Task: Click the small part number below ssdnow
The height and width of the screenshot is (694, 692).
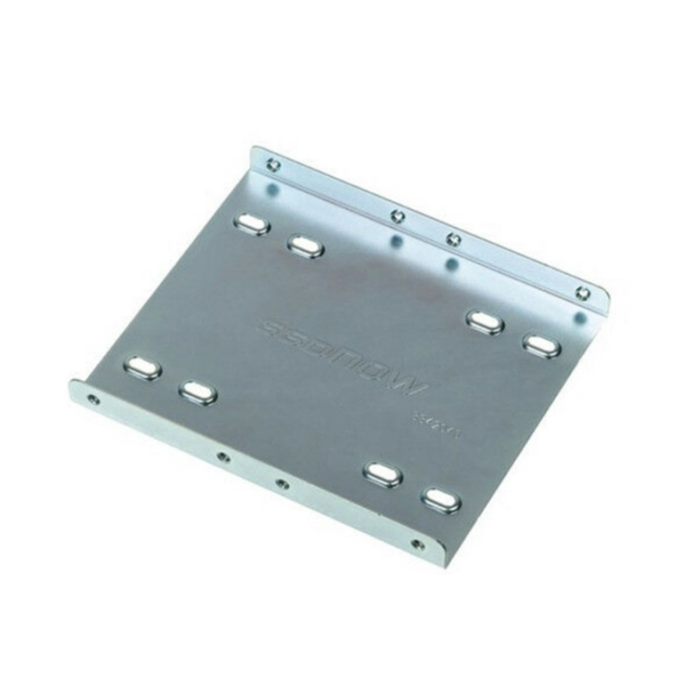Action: (433, 419)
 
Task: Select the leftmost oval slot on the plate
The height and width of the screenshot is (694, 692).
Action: (143, 367)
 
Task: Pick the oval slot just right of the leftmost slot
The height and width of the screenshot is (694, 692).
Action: (197, 391)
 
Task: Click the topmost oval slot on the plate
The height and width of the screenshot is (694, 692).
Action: (250, 224)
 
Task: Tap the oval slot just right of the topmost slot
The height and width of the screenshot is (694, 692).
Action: (305, 246)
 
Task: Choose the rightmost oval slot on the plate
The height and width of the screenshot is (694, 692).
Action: (541, 345)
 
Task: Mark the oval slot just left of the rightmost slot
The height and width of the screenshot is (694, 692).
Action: (485, 322)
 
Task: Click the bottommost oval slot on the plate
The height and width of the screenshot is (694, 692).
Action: (441, 500)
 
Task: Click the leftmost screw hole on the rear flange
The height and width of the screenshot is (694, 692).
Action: (273, 164)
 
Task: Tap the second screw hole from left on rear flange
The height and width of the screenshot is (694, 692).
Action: (398, 214)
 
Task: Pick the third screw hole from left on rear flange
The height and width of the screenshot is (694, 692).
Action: (454, 238)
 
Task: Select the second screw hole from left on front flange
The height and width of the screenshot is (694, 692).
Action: (222, 457)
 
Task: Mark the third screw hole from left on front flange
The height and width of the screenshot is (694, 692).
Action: (282, 484)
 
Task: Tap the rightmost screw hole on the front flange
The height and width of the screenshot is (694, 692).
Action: (416, 544)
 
